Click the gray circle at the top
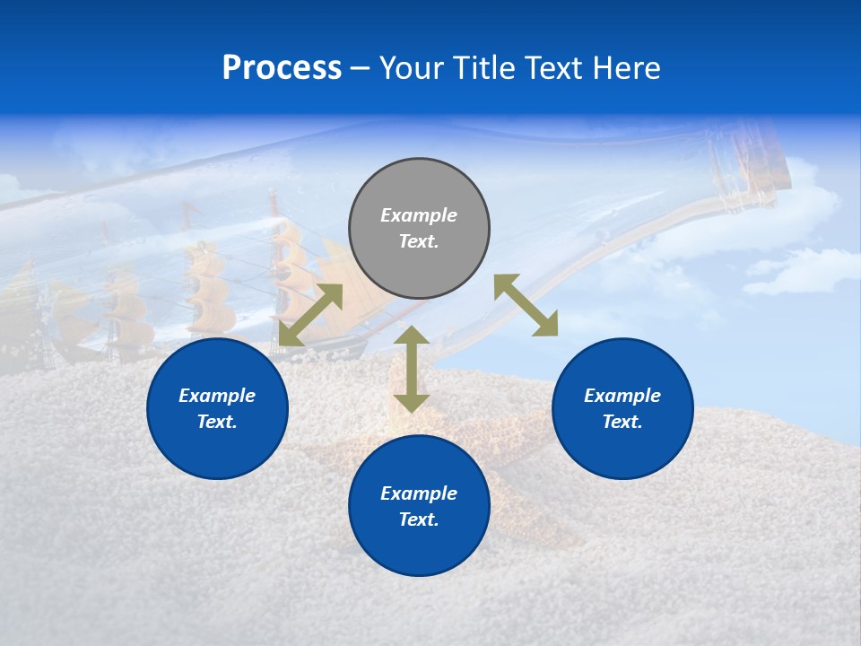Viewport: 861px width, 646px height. point(419,229)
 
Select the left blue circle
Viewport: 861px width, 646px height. point(217,408)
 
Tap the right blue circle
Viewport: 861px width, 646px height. point(622,408)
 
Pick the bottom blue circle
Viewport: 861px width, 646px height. point(419,506)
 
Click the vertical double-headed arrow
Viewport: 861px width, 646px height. point(412,369)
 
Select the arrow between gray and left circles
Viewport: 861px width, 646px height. point(310,315)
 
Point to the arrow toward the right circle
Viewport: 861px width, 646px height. point(526,305)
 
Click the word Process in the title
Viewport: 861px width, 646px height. point(282,67)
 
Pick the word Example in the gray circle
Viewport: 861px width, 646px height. point(419,215)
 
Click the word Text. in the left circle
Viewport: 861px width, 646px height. point(217,422)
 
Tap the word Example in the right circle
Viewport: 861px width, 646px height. point(622,396)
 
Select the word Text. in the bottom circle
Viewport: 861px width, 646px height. point(419,519)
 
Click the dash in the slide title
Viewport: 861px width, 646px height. point(360,68)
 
